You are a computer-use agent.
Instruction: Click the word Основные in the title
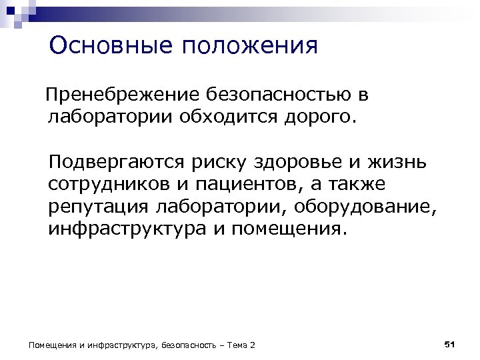(102, 46)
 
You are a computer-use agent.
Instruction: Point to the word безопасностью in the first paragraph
(278, 95)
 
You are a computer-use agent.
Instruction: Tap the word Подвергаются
(115, 162)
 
